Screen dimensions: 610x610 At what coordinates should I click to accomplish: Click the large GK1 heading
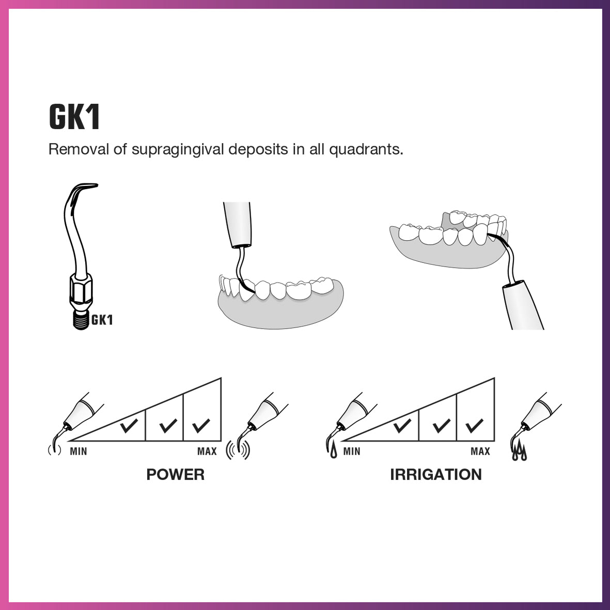click(74, 117)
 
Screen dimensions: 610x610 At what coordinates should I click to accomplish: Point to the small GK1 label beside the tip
click(102, 320)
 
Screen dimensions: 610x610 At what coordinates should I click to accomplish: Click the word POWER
click(175, 474)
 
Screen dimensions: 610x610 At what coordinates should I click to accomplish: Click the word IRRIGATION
click(436, 474)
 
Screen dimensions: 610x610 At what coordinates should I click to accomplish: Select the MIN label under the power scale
click(79, 451)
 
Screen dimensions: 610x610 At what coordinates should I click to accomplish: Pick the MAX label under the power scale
click(207, 451)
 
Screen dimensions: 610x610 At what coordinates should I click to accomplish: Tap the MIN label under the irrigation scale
click(352, 451)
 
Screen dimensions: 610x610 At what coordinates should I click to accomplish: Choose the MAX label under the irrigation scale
click(480, 451)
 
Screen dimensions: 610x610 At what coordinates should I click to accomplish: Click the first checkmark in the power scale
click(129, 426)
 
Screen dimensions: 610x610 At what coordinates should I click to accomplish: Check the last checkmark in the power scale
click(201, 425)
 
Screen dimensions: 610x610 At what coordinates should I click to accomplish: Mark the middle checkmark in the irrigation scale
click(441, 426)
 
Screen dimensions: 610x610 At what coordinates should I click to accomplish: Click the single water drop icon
click(334, 451)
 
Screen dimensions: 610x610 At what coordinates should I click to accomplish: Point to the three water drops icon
click(519, 453)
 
